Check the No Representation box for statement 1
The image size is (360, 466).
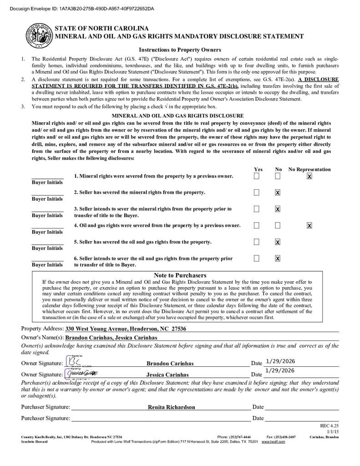[x=309, y=176]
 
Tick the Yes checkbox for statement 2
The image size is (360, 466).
[x=257, y=192]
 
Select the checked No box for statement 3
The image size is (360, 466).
[x=278, y=209]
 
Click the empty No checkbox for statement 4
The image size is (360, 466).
[x=278, y=225]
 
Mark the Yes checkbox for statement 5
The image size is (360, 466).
[x=257, y=242]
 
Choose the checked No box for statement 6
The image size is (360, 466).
[x=278, y=258]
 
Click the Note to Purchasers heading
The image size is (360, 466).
[x=180, y=275]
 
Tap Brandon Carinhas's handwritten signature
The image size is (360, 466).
[x=73, y=362]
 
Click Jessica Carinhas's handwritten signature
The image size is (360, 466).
[x=82, y=373]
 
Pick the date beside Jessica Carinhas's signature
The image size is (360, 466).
[x=280, y=371]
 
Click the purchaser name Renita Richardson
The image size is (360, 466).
[x=171, y=407]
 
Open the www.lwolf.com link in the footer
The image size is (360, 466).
[x=273, y=442]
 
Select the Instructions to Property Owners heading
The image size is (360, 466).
[x=180, y=50]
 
